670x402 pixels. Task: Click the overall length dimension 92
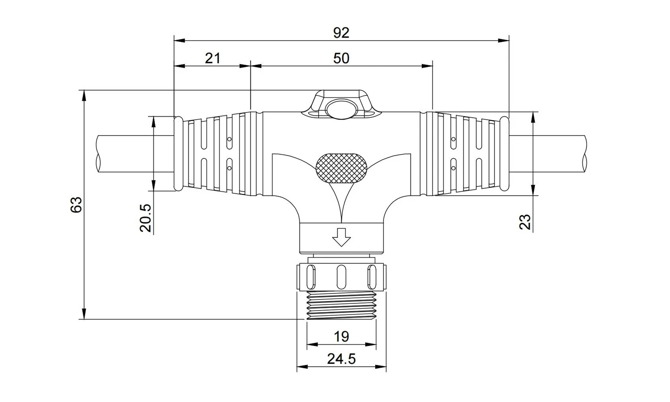point(341,33)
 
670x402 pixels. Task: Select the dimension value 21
point(212,58)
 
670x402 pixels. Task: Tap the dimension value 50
point(341,58)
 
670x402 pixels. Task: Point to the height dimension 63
point(76,205)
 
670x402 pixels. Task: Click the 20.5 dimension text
point(146,218)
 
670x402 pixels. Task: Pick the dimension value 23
point(525,222)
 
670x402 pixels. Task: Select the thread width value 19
point(341,337)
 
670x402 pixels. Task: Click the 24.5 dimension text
point(341,359)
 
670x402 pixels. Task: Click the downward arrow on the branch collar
point(341,237)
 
